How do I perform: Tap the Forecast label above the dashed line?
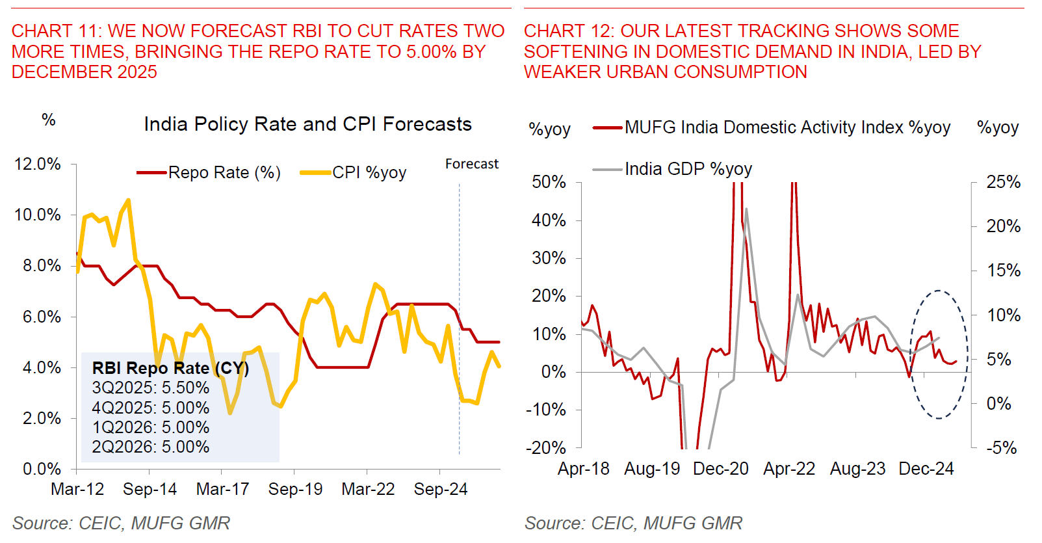click(471, 164)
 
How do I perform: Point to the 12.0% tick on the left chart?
click(38, 164)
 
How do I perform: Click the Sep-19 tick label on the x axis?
click(295, 489)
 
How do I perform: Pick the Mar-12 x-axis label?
click(77, 489)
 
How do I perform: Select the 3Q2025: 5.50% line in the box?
click(151, 388)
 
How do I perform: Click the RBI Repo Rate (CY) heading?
click(170, 368)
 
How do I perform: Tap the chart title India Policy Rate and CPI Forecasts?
click(307, 124)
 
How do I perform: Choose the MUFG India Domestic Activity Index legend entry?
click(787, 127)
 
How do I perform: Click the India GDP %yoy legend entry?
click(688, 169)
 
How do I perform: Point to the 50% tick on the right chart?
click(549, 182)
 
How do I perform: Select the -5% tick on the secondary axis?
click(1002, 447)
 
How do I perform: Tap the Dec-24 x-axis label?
click(926, 468)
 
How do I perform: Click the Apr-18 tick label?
click(584, 468)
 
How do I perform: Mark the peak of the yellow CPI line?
click(129, 200)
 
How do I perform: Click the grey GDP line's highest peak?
click(746, 209)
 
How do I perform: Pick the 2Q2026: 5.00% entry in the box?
click(151, 447)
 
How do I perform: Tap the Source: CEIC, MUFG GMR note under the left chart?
click(121, 523)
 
